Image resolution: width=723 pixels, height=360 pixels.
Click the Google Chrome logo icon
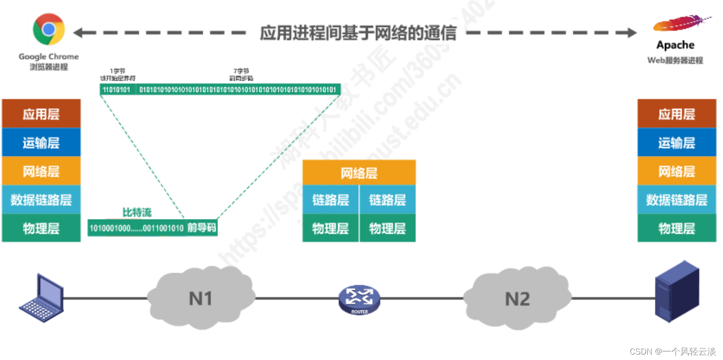(49, 29)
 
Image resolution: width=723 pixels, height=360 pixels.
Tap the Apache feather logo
(681, 23)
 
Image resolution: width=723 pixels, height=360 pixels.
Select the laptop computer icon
(41, 298)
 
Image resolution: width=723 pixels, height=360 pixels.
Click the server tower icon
(677, 291)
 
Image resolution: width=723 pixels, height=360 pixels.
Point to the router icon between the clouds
(359, 299)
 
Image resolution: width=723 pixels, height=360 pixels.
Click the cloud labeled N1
(201, 298)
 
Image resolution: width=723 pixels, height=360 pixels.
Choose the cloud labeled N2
(517, 298)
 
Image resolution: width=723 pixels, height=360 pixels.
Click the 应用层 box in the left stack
(41, 114)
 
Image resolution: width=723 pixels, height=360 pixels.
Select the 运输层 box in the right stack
(676, 143)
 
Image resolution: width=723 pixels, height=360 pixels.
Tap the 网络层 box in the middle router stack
(359, 173)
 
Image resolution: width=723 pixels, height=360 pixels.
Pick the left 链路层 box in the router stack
(330, 200)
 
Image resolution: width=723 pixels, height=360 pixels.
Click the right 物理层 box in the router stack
(387, 228)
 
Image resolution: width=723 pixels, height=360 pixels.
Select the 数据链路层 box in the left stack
(41, 200)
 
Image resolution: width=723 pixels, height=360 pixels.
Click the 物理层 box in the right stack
(676, 228)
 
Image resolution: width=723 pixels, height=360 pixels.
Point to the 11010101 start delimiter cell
(116, 90)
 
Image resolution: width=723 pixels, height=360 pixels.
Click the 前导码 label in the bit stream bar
(201, 228)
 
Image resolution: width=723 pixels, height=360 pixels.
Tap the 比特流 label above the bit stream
(137, 212)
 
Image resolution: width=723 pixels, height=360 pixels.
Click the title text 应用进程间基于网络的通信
(358, 33)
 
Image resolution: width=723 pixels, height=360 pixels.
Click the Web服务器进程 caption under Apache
(675, 60)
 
